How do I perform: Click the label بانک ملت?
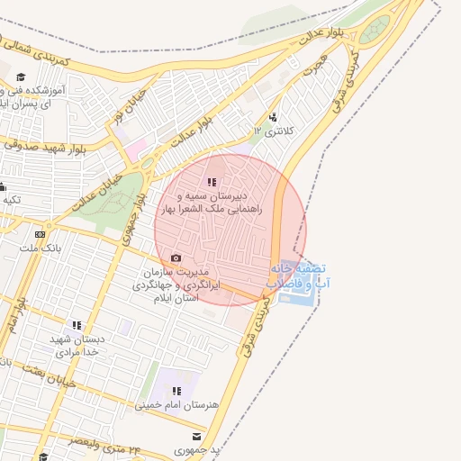(x=38, y=248)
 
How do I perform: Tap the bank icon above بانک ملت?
(x=39, y=234)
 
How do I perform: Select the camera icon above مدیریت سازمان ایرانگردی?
(x=176, y=258)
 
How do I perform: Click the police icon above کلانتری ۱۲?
(x=273, y=117)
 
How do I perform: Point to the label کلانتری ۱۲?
(x=276, y=131)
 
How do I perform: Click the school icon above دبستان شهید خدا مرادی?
(x=77, y=325)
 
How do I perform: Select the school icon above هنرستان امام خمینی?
(x=176, y=391)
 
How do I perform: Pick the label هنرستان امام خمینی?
(x=176, y=405)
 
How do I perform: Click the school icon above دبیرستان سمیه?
(x=212, y=183)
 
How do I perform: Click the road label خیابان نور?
(x=125, y=105)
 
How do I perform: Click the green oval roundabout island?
(x=375, y=29)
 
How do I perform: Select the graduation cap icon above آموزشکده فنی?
(x=21, y=78)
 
